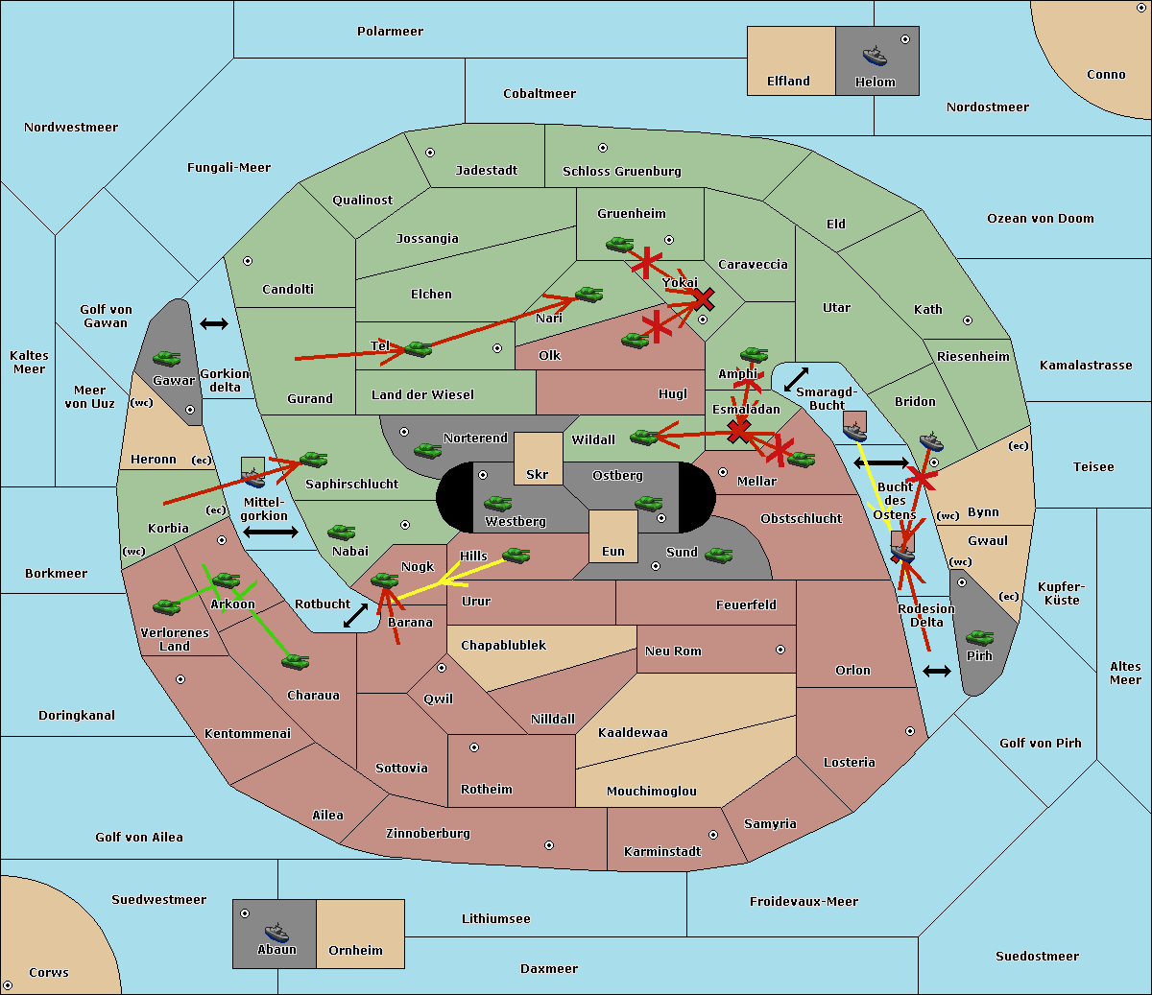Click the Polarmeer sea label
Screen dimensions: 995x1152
(390, 32)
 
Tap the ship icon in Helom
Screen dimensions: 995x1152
(875, 56)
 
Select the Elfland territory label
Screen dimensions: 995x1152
(788, 82)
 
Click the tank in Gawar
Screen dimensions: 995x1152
(167, 359)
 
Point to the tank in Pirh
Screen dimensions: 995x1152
(980, 638)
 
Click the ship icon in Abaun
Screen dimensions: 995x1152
(276, 932)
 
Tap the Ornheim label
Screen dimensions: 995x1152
(355, 951)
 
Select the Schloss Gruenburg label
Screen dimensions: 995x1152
(621, 172)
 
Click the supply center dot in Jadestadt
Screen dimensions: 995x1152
(430, 153)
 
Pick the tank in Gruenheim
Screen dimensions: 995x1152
(619, 244)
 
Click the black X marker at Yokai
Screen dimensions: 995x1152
(705, 297)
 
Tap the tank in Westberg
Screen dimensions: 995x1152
(497, 503)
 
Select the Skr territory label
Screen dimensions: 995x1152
(538, 475)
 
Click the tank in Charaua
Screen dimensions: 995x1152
(295, 662)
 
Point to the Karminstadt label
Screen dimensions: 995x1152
(662, 852)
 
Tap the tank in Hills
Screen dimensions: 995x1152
(516, 555)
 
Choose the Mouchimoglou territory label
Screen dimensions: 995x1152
(651, 792)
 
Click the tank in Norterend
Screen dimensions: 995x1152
(427, 450)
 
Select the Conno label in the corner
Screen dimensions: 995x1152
(1106, 75)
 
